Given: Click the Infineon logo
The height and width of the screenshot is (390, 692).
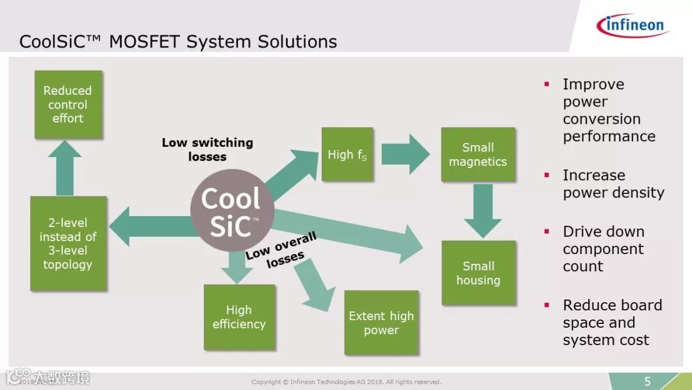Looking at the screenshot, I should [x=632, y=25].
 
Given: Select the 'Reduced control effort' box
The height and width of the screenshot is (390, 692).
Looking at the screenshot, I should [x=68, y=105].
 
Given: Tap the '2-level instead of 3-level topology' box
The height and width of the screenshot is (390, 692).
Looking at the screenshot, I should [x=68, y=243].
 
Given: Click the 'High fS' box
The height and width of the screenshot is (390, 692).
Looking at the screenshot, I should [x=347, y=154].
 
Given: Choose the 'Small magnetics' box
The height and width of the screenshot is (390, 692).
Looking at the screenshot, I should [x=477, y=155].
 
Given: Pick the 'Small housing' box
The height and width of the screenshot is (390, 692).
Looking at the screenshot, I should [x=478, y=273].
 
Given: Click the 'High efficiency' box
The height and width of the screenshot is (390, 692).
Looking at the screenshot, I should [x=238, y=317].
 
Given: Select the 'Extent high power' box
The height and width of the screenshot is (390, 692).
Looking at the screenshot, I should [x=381, y=323].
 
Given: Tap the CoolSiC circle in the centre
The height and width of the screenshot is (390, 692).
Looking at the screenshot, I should [x=232, y=210].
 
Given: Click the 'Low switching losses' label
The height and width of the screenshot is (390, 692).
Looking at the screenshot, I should [x=207, y=149].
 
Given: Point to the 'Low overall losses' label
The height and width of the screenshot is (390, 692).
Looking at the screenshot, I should [x=282, y=251].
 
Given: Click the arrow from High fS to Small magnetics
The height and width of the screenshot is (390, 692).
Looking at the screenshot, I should [x=406, y=154].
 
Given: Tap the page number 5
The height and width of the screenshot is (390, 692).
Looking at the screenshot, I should [x=648, y=382].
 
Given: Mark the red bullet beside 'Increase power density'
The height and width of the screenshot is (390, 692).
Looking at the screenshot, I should [x=547, y=175].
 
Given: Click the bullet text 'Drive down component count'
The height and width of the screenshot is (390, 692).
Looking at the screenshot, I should [x=603, y=249].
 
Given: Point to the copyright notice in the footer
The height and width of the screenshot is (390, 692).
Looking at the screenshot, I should [x=346, y=382].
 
